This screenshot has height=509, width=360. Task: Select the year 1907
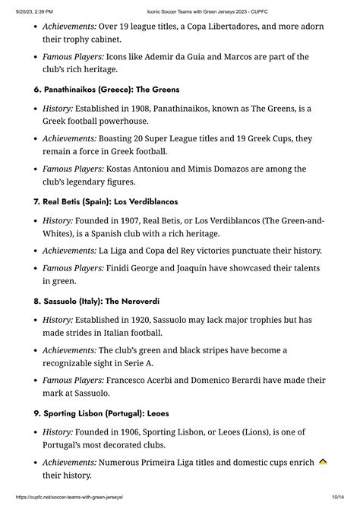[x=137, y=221]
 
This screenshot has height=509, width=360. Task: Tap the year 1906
[x=137, y=432]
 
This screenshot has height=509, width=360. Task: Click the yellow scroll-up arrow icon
[x=323, y=462]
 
